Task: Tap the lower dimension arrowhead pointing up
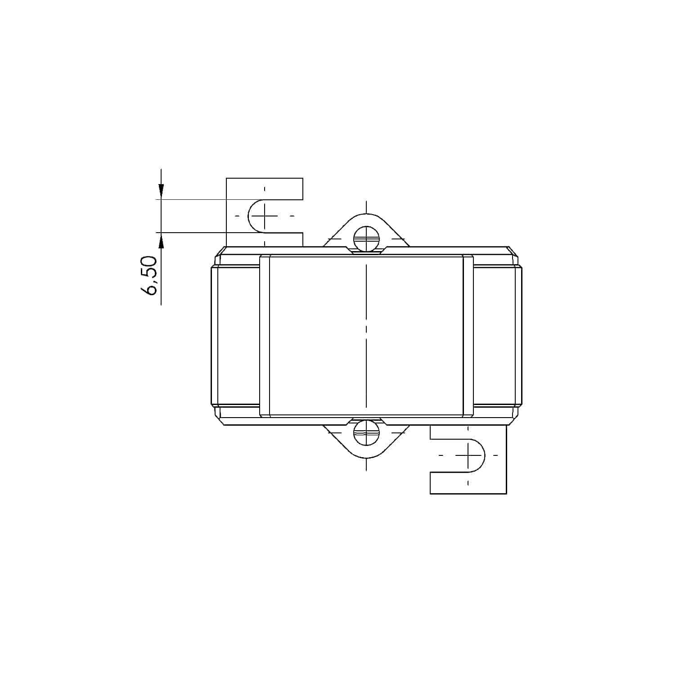[161, 240]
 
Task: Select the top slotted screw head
[367, 239]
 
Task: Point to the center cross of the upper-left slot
[265, 216]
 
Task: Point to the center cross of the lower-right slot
[468, 455]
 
